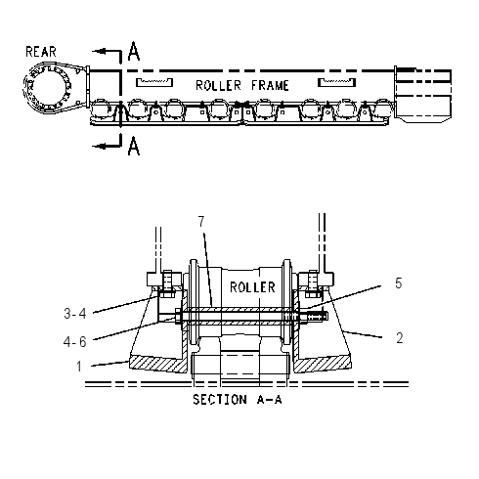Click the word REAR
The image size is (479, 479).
coord(41,52)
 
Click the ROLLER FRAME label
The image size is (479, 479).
coord(242,86)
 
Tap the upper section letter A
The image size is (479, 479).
coord(134,51)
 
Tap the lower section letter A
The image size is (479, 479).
coord(134,146)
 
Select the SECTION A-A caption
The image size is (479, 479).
coord(237,399)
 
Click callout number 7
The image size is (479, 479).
coord(201,222)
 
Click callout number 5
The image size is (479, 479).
coord(398,283)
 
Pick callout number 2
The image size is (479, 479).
coord(400,338)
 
